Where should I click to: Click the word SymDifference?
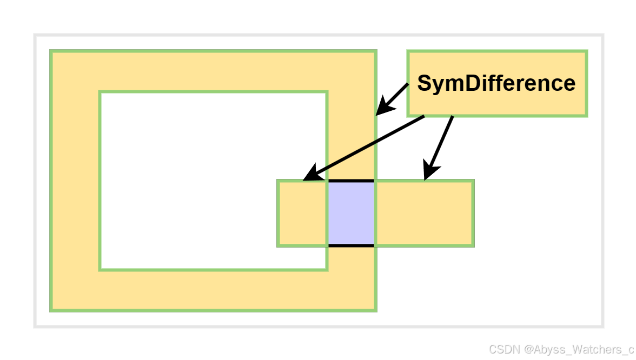coord(496,83)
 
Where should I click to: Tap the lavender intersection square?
coord(351,213)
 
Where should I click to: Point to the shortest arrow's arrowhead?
coord(380,110)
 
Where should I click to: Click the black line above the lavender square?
coord(351,181)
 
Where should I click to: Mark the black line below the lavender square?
coord(351,245)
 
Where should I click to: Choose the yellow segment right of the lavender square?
coord(424,213)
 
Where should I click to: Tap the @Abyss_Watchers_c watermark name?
coord(579,349)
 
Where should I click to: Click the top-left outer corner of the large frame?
coord(51,51)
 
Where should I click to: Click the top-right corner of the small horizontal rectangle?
coord(473,181)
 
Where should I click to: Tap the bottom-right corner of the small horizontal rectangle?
coord(473,246)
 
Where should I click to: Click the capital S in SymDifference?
coord(424,83)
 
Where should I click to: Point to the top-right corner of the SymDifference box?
coord(586,52)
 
